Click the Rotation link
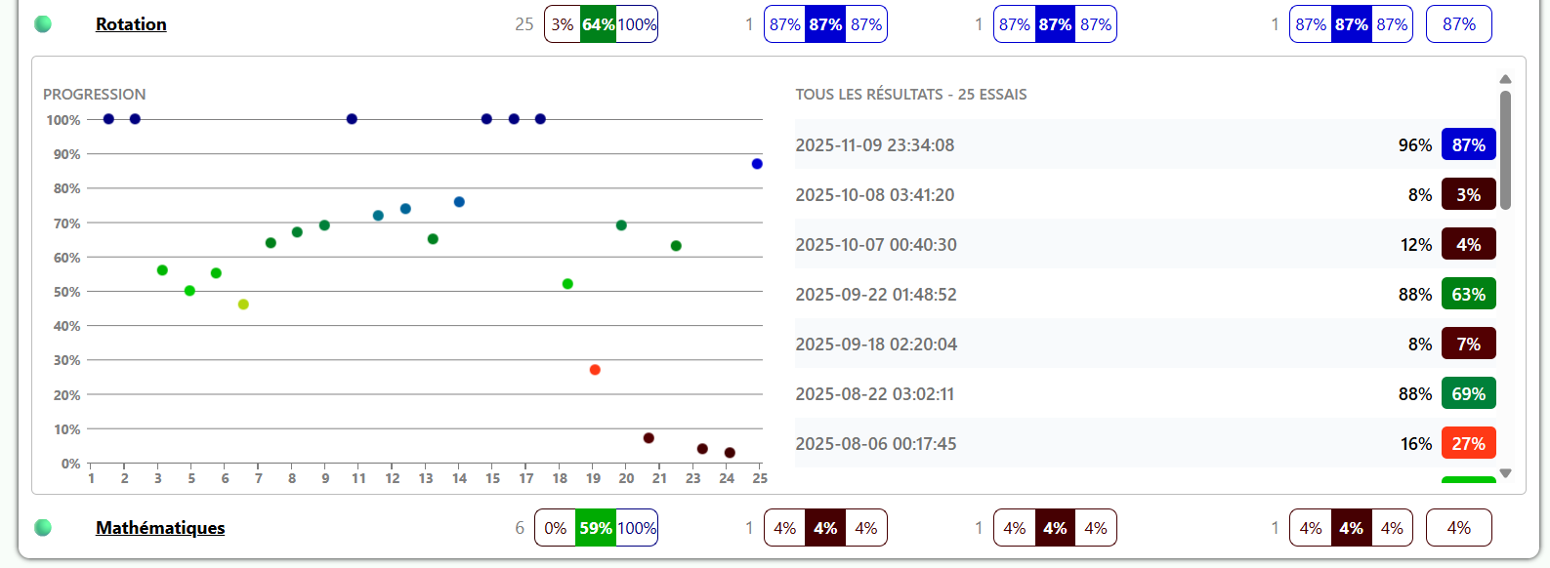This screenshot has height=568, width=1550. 131,24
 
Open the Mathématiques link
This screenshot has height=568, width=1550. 160,528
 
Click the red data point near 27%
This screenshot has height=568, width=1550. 595,370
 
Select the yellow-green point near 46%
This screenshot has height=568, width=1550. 243,304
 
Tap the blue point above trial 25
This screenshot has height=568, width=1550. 757,164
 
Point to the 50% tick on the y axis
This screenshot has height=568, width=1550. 66,292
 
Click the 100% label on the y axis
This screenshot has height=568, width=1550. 63,120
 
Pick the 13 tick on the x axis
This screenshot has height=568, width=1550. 426,478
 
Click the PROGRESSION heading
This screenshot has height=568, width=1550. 95,95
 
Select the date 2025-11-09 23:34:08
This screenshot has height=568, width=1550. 875,145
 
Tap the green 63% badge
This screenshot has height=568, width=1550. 1468,295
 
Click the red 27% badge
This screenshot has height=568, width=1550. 1468,444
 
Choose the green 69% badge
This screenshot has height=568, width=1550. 1468,394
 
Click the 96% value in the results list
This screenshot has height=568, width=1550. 1414,145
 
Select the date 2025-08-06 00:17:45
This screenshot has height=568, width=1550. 876,444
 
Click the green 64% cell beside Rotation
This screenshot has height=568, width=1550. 598,24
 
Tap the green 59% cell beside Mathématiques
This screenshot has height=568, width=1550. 596,528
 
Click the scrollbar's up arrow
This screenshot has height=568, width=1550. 1505,79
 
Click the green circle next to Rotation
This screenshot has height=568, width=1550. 43,24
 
